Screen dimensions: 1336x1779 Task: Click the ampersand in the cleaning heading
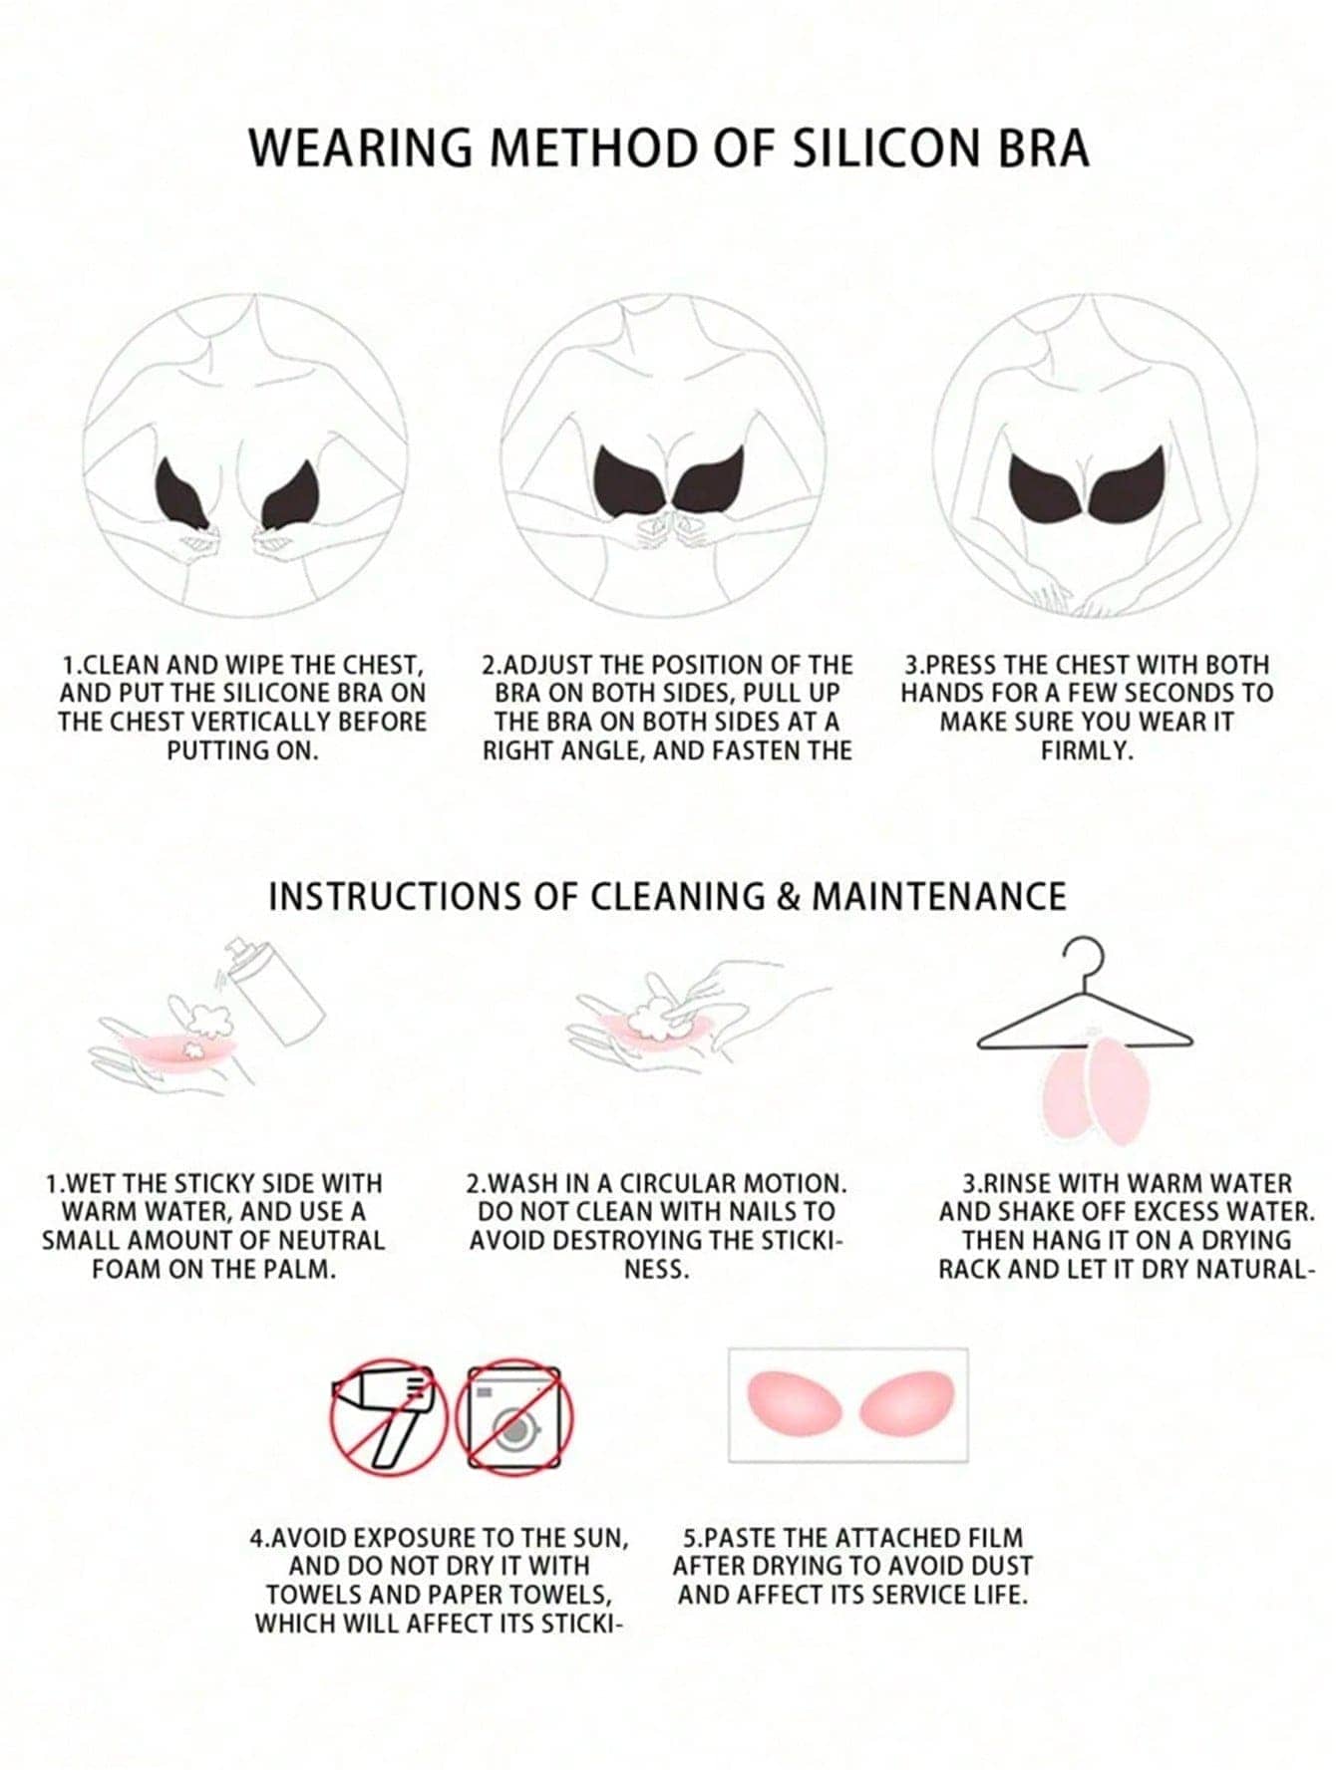pyautogui.click(x=789, y=896)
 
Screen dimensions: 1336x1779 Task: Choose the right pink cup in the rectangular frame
pyautogui.click(x=906, y=1403)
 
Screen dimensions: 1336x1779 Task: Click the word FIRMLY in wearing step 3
pyautogui.click(x=1088, y=750)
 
